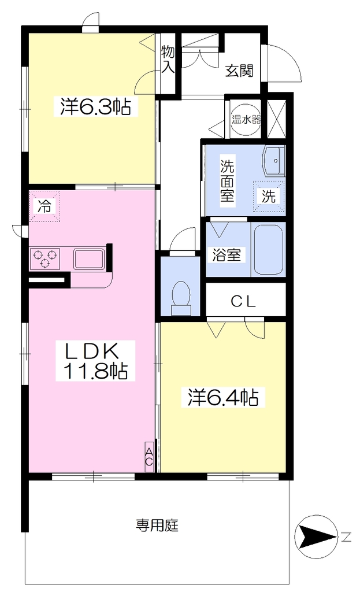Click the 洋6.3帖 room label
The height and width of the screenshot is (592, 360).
(95, 107)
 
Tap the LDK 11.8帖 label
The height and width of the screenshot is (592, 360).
(95, 361)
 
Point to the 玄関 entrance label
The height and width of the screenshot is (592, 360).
(239, 71)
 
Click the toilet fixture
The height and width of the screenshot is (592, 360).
(181, 298)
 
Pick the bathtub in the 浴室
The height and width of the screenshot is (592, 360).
(268, 250)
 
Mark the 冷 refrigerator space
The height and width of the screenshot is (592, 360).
(44, 206)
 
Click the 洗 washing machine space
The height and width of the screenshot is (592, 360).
(269, 195)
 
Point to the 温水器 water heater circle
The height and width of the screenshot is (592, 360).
(246, 120)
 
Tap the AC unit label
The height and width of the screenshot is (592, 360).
(149, 457)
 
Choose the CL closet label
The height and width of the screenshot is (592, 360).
(243, 301)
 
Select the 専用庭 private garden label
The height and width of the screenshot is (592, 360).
(157, 526)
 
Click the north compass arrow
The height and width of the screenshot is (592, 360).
(317, 536)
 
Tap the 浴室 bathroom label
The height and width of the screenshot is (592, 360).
(227, 255)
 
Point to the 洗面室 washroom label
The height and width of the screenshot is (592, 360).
(228, 181)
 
